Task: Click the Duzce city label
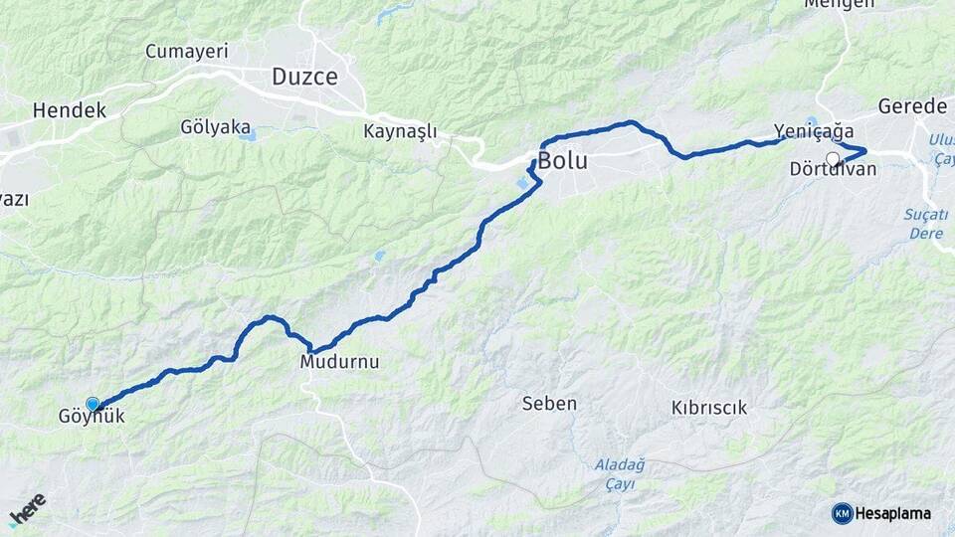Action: click(304, 77)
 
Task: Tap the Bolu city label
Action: click(563, 160)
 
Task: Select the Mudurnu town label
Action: click(339, 362)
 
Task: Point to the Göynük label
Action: click(93, 418)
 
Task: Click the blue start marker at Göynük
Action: click(93, 404)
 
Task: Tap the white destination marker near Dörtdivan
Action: click(833, 157)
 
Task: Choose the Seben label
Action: click(549, 404)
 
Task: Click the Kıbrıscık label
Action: click(708, 408)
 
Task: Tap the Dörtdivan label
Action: click(833, 169)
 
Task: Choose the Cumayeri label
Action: click(187, 51)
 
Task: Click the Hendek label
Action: click(69, 110)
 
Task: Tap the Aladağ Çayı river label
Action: click(620, 472)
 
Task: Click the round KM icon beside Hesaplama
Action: click(842, 513)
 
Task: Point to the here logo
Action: click(28, 510)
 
